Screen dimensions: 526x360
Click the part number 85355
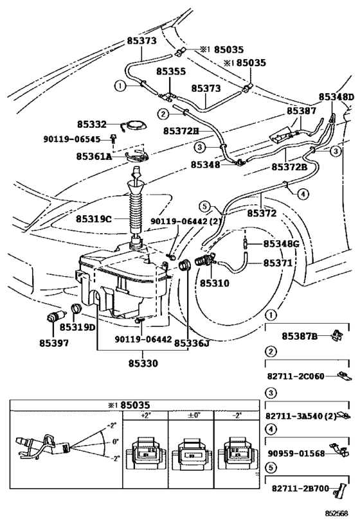tap(171, 73)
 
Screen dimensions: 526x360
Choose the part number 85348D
tap(336, 97)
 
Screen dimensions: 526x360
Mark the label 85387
tap(301, 110)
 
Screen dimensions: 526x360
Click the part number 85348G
tap(282, 243)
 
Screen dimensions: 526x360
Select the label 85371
tap(278, 263)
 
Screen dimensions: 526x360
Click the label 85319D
tap(78, 327)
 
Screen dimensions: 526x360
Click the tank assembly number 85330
tap(143, 363)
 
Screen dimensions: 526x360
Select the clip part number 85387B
tap(300, 335)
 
